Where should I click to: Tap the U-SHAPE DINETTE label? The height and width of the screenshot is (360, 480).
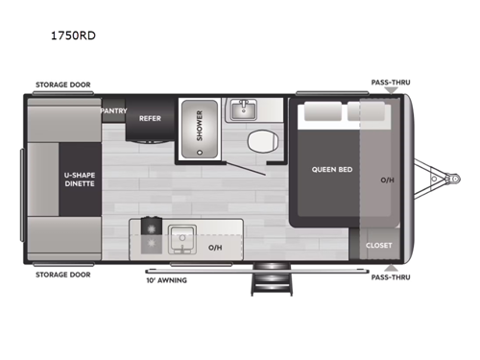point(81,179)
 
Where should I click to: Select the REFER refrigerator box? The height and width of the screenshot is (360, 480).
point(149,119)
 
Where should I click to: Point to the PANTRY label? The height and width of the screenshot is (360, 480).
point(114,110)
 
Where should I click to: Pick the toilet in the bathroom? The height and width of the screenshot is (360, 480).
point(257,143)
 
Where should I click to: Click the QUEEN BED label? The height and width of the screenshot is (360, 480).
point(327,170)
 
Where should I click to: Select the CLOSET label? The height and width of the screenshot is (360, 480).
point(378,245)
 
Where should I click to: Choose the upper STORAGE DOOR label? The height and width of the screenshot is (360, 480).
point(63,84)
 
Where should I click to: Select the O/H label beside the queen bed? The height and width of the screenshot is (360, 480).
point(387,179)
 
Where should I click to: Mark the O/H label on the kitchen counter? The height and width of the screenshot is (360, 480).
point(217,246)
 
